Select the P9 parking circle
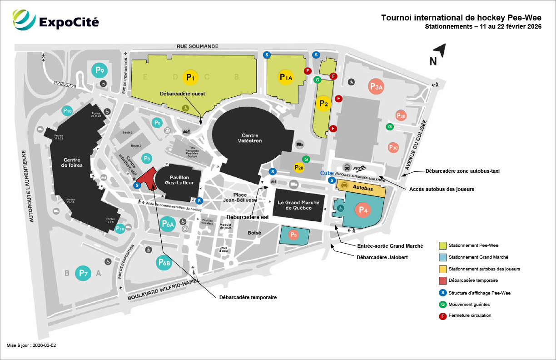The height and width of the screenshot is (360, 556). (100, 70)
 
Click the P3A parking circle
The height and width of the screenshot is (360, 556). (377, 86)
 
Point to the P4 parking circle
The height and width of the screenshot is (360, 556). (362, 210)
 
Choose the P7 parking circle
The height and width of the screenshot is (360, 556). (82, 273)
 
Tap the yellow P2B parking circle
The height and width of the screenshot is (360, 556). (299, 168)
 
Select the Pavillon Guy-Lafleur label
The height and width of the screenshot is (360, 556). (173, 180)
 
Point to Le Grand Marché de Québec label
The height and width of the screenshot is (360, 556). (298, 205)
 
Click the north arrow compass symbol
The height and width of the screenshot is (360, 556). (437, 54)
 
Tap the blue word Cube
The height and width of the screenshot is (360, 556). (327, 173)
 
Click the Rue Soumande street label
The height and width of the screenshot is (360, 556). (198, 46)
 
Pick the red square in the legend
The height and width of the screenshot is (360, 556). (442, 280)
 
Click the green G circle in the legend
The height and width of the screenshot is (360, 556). (442, 304)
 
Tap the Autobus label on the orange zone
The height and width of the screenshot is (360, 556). (363, 188)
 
